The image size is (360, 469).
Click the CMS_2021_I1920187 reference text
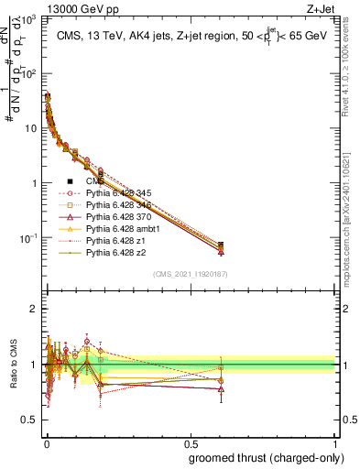pyautogui.click(x=190, y=273)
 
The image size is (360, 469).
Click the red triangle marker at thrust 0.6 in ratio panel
pyautogui.click(x=221, y=388)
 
